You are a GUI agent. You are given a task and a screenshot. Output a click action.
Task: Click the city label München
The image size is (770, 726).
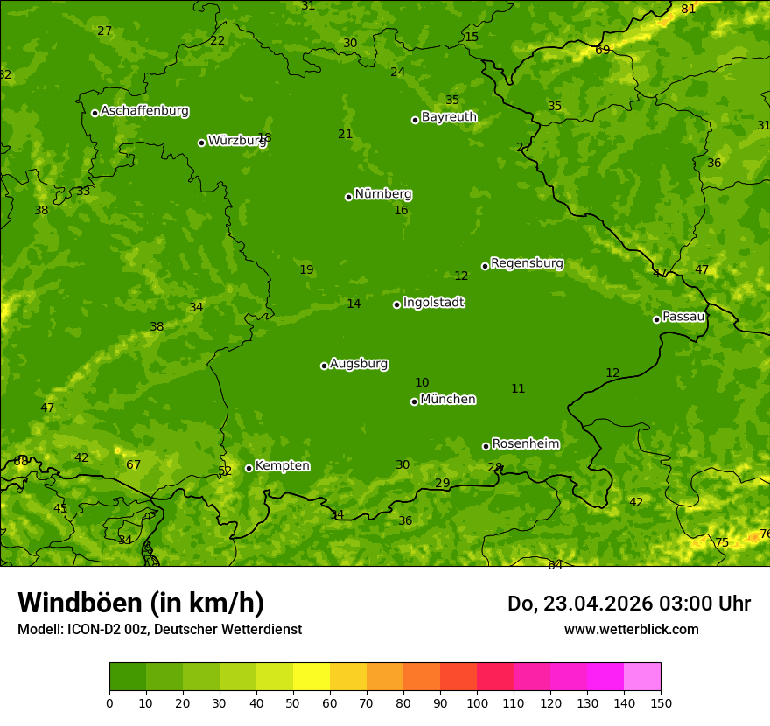coord(448,400)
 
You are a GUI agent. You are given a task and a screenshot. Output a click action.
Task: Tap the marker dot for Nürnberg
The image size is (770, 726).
coord(348,197)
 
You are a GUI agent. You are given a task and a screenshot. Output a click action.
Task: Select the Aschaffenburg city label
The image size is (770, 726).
coord(144,111)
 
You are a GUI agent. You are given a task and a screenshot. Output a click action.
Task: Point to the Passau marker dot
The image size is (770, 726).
coord(656,319)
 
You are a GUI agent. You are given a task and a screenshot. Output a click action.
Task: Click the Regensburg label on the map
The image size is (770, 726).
coord(527,263)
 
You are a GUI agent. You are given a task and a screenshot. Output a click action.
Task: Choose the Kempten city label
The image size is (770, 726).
coord(282,466)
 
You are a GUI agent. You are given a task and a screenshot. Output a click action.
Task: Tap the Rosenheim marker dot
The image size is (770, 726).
coord(486,446)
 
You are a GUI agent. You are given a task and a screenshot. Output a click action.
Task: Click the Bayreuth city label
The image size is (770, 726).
coord(449,117)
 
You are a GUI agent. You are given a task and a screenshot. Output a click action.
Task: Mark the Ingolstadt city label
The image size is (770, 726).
coord(433,303)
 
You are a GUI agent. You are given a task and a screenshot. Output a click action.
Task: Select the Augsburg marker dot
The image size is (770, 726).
coord(324,366)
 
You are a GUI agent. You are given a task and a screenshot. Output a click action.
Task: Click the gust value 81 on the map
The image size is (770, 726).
coord(689,9)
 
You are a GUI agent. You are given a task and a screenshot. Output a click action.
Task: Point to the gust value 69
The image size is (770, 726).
coord(603,50)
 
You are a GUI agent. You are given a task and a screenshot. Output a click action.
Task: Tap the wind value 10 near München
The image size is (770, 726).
coord(422,382)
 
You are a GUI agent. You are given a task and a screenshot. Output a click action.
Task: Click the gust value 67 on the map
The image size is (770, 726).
coord(133,464)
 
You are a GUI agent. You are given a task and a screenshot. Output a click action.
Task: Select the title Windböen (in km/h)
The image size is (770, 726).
coord(141,603)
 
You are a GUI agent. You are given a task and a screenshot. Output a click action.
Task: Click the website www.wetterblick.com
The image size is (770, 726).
coord(631,629)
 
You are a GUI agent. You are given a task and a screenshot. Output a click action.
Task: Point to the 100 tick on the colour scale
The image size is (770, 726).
coord(477,702)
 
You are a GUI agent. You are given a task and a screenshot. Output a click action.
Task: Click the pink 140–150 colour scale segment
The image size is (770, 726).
coord(642,676)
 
